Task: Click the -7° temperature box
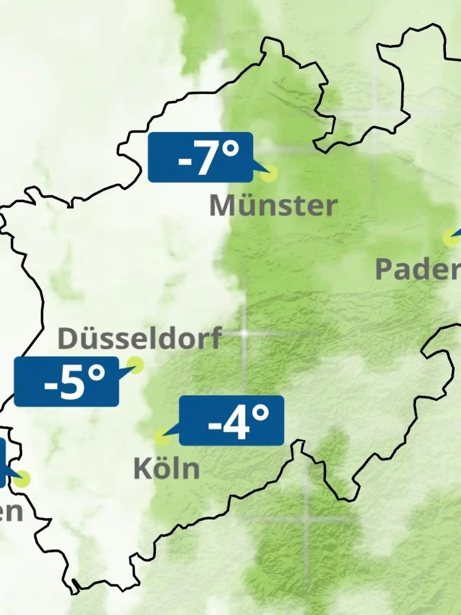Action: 200,157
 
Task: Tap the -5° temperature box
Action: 66,381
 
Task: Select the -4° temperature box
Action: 232,420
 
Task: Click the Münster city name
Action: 273,206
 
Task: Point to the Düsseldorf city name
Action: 139,338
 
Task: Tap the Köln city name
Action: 167,469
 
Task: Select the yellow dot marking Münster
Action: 269,173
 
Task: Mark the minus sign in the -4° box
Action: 214,425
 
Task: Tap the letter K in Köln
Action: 141,469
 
